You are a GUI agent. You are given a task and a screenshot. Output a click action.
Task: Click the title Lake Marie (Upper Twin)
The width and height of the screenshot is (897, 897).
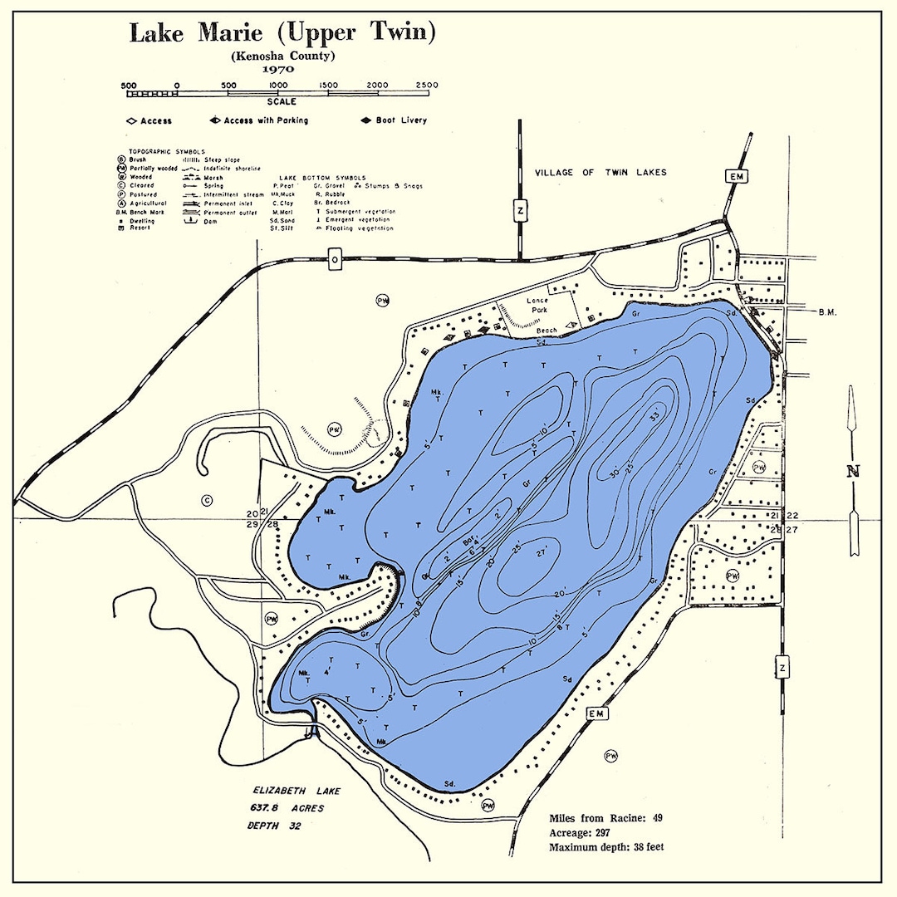[282, 33]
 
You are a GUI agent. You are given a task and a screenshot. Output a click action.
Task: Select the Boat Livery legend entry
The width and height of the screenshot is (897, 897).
[395, 120]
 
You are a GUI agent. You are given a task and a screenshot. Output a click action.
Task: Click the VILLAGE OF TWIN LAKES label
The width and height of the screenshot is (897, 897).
[600, 173]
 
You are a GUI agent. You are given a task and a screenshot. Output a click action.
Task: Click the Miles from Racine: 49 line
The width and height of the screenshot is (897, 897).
[605, 818]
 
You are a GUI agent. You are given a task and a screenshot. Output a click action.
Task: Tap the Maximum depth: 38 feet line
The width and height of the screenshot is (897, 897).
[606, 847]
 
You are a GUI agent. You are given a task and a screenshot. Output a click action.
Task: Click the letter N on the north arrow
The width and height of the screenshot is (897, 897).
[853, 471]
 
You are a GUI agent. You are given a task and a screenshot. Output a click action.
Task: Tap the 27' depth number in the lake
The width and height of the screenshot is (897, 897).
[542, 553]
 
